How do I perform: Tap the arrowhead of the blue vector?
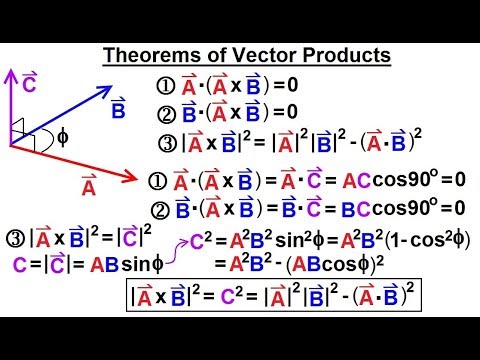132,84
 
